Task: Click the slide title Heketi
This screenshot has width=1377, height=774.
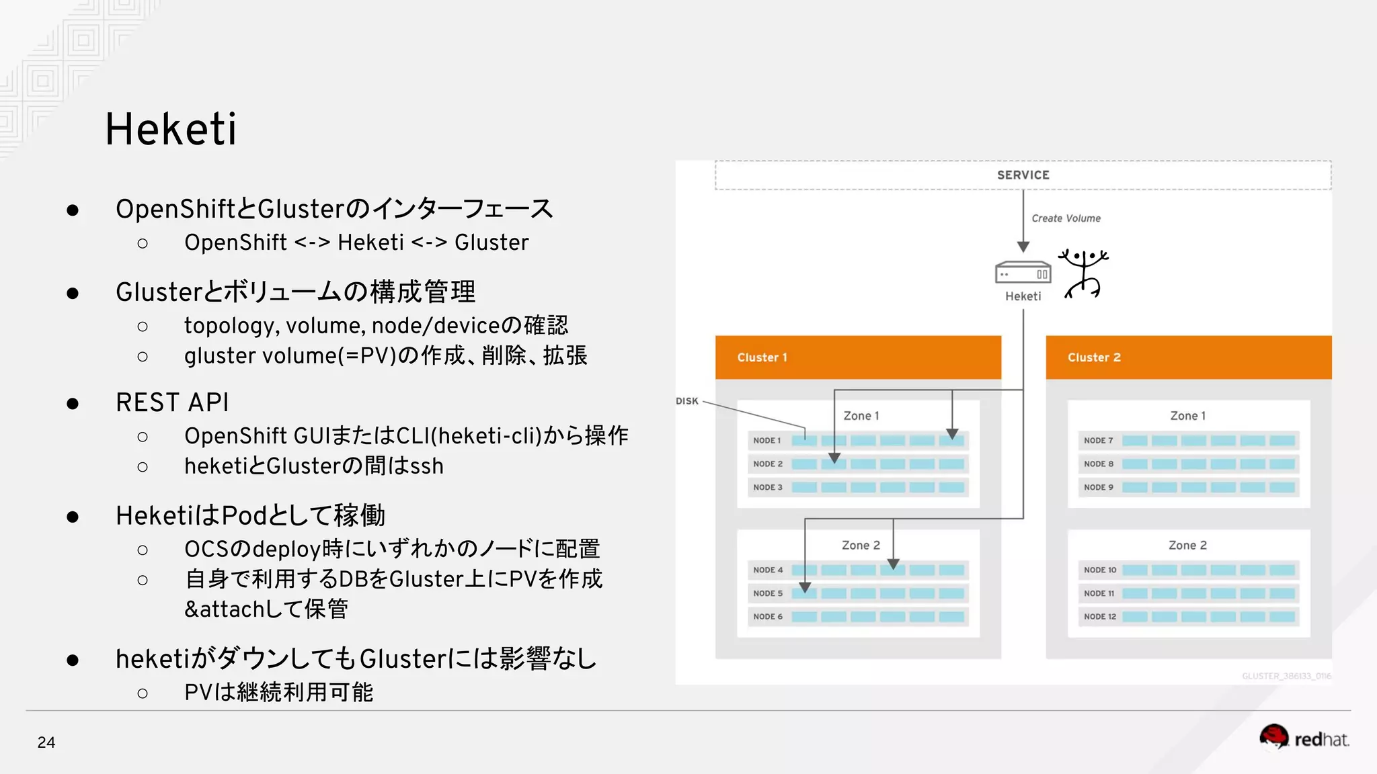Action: pyautogui.click(x=171, y=129)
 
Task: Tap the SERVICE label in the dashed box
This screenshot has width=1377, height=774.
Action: pyautogui.click(x=1023, y=175)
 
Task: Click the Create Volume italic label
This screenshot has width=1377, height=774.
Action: pyautogui.click(x=1066, y=218)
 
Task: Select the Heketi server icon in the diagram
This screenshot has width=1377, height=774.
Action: pyautogui.click(x=1023, y=273)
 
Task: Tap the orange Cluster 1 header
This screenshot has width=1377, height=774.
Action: pyautogui.click(x=858, y=357)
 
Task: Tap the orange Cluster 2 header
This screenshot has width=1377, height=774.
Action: pyautogui.click(x=1188, y=357)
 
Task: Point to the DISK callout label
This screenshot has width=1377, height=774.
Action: pyautogui.click(x=686, y=401)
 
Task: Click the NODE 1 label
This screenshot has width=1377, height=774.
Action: pyautogui.click(x=766, y=441)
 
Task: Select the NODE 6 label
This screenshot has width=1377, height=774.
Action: pyautogui.click(x=767, y=617)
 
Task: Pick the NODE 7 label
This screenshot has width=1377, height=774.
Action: pyautogui.click(x=1098, y=441)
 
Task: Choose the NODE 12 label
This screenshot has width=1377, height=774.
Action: pyautogui.click(x=1099, y=617)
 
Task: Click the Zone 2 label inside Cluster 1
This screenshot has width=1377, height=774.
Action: pyautogui.click(x=861, y=546)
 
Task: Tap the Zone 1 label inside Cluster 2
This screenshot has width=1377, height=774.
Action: pyautogui.click(x=1187, y=416)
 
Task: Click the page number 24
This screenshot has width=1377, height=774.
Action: pyautogui.click(x=46, y=742)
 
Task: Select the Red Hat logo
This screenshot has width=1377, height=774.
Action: pyautogui.click(x=1304, y=738)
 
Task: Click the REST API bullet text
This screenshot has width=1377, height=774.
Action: pyautogui.click(x=172, y=402)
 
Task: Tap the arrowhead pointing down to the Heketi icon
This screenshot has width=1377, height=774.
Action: pyautogui.click(x=1023, y=247)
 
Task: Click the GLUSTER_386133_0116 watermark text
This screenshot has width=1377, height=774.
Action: pyautogui.click(x=1286, y=676)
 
